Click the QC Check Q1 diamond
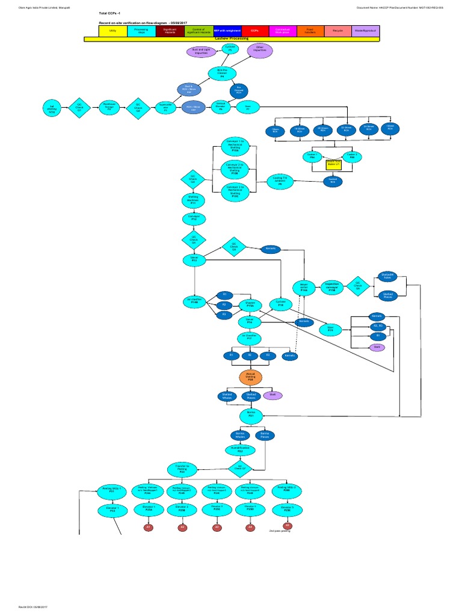point(80,107)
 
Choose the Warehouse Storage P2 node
point(109,107)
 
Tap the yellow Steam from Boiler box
point(334,164)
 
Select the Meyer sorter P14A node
point(304,287)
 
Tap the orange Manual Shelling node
point(250,377)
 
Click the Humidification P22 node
point(240,449)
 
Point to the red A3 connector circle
point(217,528)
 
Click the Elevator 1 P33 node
point(112,510)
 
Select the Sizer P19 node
point(330,329)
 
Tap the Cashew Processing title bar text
point(231,38)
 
